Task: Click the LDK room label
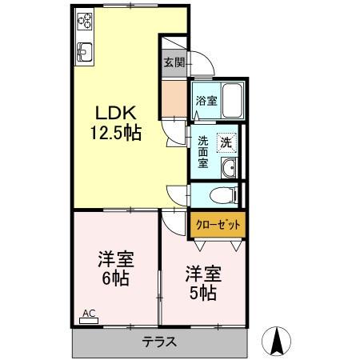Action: (x=119, y=113)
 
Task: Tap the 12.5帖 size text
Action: (x=119, y=133)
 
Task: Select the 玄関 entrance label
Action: (x=173, y=62)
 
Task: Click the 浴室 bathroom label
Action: (x=205, y=102)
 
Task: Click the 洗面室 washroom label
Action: (x=203, y=151)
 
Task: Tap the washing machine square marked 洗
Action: (x=227, y=142)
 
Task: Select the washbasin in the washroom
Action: (x=229, y=167)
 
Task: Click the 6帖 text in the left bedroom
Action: (x=117, y=281)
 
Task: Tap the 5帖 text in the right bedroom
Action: (x=202, y=293)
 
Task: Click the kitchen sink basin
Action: (x=86, y=53)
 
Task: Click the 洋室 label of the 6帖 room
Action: (x=116, y=260)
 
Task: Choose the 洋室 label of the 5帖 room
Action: (x=202, y=272)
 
